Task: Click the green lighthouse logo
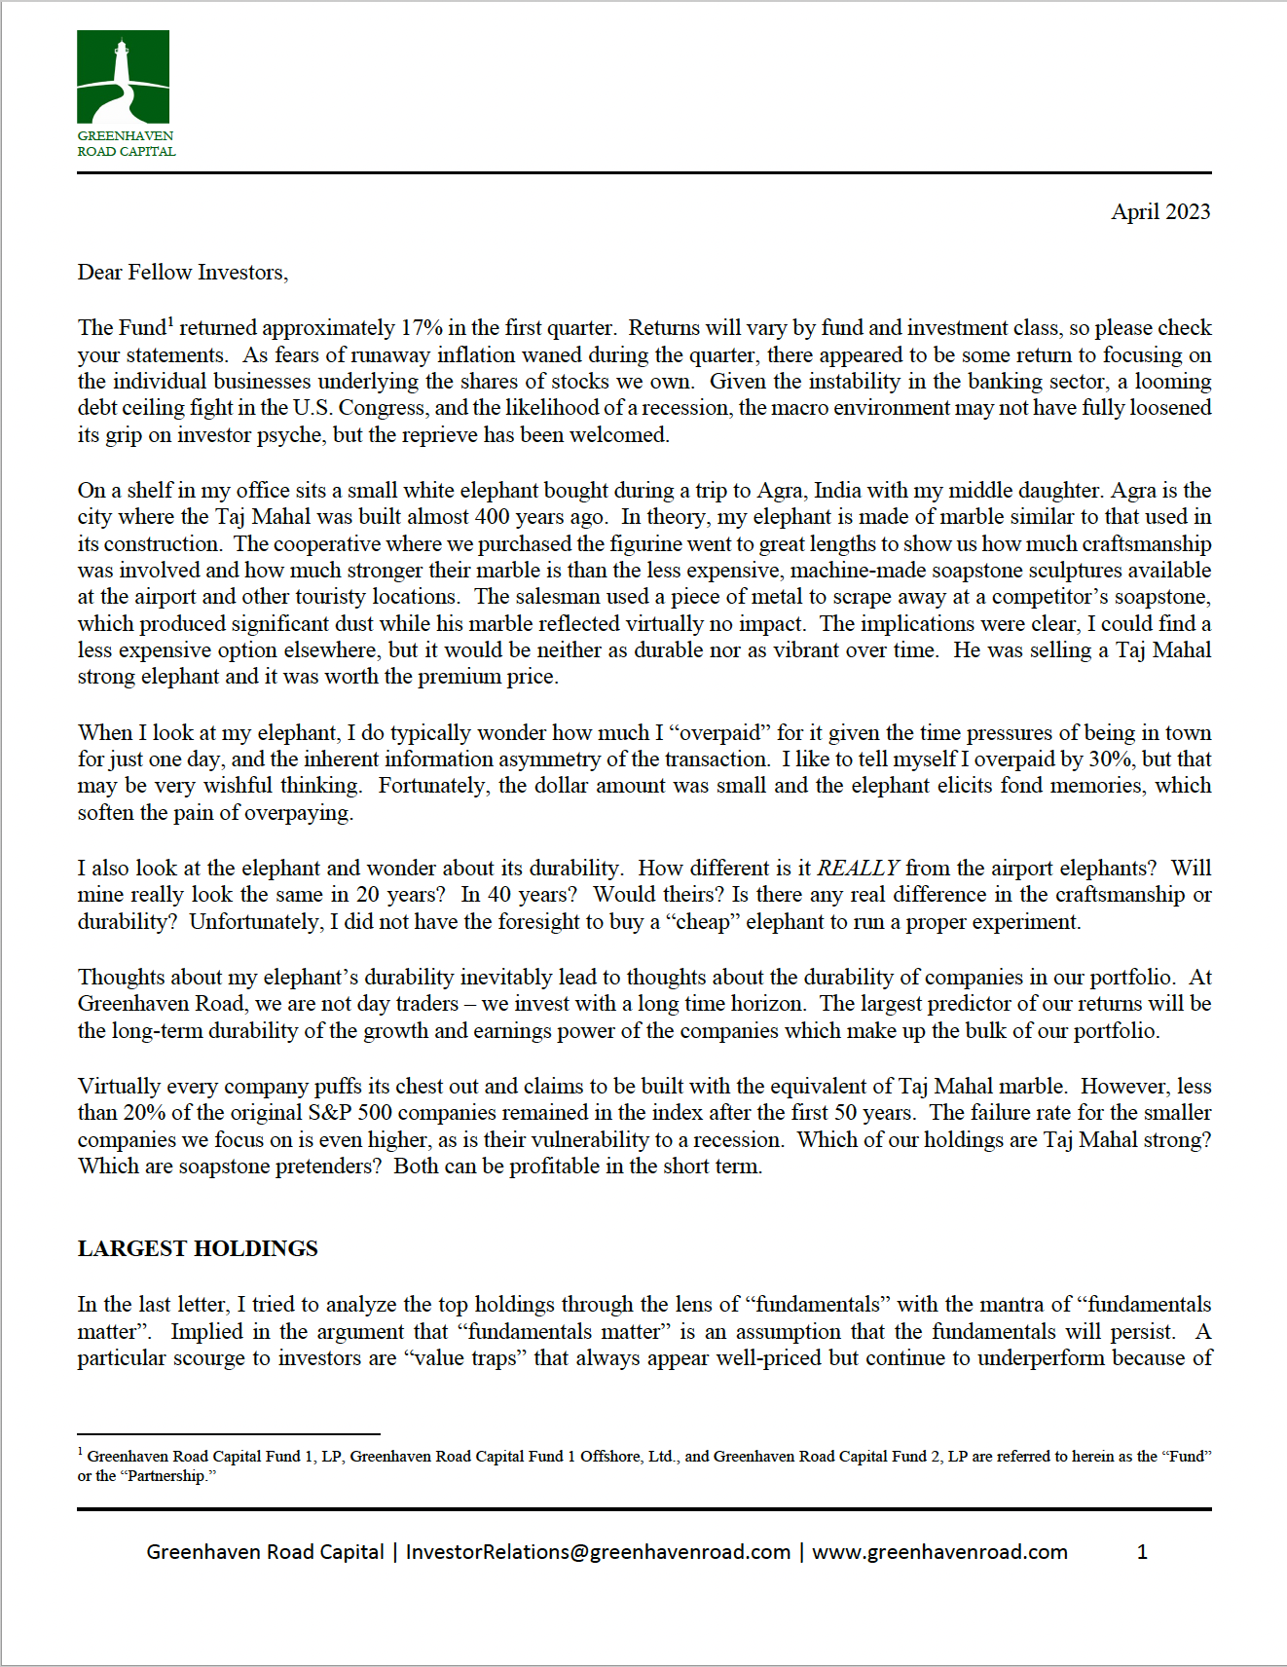pyautogui.click(x=123, y=77)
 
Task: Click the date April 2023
pyautogui.click(x=1160, y=212)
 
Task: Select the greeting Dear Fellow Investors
pyautogui.click(x=182, y=273)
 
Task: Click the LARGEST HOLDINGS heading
pyautogui.click(x=198, y=1249)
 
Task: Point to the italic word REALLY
pyautogui.click(x=858, y=869)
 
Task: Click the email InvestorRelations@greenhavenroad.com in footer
pyautogui.click(x=598, y=1552)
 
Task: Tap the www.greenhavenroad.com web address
pyautogui.click(x=939, y=1552)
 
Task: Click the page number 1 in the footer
pyautogui.click(x=1142, y=1552)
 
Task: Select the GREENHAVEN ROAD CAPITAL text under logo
pyautogui.click(x=127, y=144)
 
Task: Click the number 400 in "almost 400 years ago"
pyautogui.click(x=493, y=517)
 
